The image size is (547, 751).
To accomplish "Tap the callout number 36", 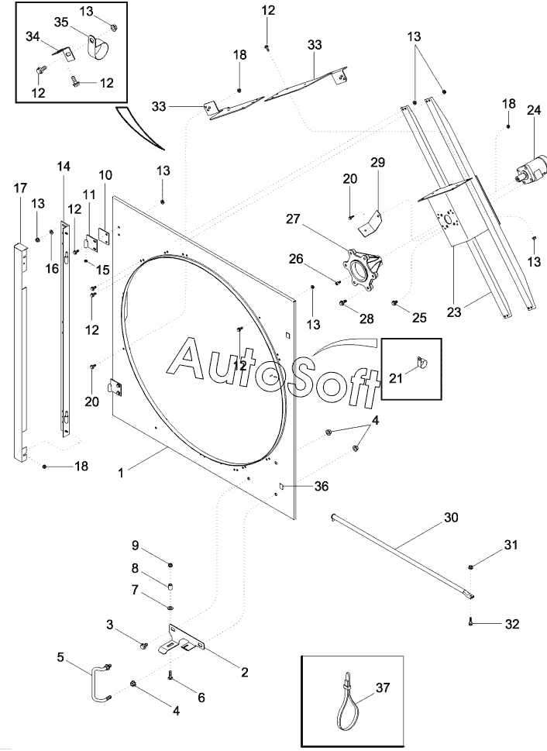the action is [x=322, y=486].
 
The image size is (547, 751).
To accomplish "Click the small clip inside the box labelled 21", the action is [x=421, y=363].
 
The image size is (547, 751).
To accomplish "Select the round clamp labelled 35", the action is [x=98, y=46].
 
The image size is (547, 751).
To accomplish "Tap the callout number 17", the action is [x=20, y=188].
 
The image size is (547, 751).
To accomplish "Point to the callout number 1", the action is [x=121, y=473].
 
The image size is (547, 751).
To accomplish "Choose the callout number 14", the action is [x=64, y=166].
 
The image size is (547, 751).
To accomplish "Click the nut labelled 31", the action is [x=471, y=567].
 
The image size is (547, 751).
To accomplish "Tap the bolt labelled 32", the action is [x=471, y=622].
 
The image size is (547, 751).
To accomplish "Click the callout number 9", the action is [x=135, y=545].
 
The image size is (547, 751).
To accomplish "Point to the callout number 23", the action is [x=453, y=312].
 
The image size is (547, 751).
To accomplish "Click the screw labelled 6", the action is [x=170, y=676].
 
